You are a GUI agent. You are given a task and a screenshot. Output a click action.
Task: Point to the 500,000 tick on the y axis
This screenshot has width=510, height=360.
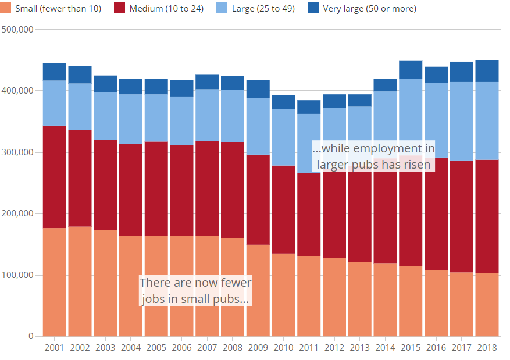pos(17,30)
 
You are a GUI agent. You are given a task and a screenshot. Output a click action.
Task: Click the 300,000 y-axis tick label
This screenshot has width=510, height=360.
pos(17,152)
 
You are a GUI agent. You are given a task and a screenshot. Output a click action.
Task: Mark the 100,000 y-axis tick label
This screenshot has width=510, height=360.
pos(17,275)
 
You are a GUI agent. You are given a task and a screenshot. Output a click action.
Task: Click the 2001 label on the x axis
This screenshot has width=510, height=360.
pos(54,347)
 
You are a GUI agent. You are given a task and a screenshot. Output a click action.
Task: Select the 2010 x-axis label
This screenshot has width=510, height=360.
pos(283,347)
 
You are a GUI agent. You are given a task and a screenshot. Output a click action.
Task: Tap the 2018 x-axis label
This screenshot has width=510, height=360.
pos(487,347)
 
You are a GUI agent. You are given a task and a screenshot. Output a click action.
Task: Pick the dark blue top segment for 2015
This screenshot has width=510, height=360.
pos(411,70)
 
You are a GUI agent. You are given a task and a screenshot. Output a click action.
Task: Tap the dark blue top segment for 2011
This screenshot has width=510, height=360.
pos(309,107)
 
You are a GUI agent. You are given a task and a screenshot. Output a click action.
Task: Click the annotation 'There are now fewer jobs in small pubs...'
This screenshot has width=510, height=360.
pos(195,291)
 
